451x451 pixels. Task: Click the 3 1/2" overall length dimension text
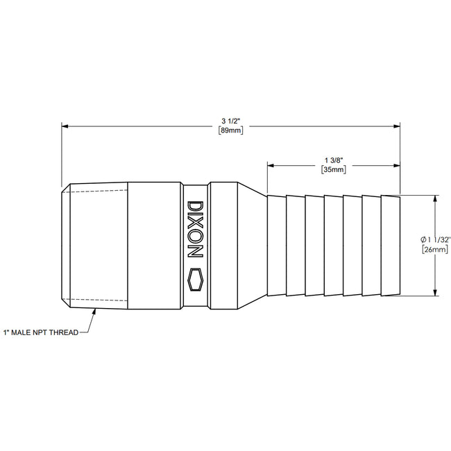point(230,119)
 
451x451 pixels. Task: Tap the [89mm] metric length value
point(230,130)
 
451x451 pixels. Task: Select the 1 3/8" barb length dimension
point(333,159)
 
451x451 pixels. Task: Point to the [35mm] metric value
point(333,170)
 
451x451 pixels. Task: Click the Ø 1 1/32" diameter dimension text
point(436,239)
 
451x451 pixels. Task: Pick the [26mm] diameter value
point(436,250)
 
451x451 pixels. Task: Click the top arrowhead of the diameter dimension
point(435,198)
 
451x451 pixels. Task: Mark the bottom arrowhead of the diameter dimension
point(435,293)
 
